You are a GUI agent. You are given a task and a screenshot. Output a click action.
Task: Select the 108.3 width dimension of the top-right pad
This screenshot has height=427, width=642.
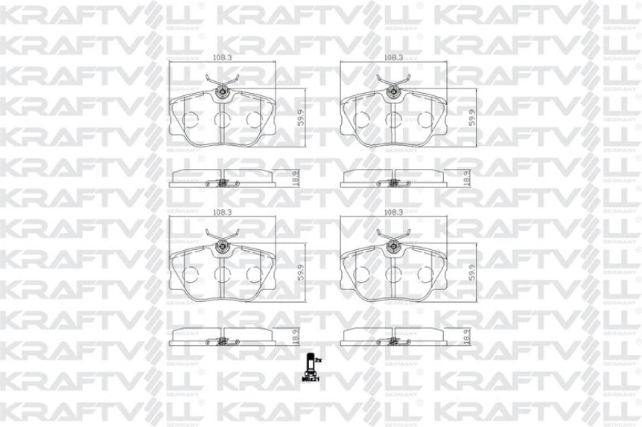(x=389, y=56)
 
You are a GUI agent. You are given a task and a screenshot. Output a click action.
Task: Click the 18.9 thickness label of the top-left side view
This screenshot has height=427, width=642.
(x=296, y=177)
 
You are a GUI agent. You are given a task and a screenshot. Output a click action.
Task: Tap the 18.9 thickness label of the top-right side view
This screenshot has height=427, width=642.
(x=467, y=177)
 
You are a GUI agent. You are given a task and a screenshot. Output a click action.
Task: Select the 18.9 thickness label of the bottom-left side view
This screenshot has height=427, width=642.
(x=296, y=336)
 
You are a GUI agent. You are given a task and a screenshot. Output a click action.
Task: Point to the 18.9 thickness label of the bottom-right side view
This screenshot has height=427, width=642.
(x=467, y=336)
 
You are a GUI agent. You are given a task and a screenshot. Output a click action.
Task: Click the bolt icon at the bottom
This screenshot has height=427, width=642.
(x=308, y=366)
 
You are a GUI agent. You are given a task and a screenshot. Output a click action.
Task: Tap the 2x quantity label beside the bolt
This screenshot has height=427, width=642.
(x=318, y=360)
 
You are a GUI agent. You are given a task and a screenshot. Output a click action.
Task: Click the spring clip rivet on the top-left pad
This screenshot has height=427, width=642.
(x=222, y=92)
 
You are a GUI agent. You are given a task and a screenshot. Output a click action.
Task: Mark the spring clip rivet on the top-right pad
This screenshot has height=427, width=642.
(x=392, y=92)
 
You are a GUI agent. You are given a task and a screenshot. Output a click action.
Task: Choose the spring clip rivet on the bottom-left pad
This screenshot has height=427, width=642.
(x=222, y=248)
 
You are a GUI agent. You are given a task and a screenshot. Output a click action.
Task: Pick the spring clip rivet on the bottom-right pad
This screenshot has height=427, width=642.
(x=392, y=248)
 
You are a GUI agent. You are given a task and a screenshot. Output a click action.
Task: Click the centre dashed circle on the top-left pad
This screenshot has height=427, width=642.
(x=222, y=118)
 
